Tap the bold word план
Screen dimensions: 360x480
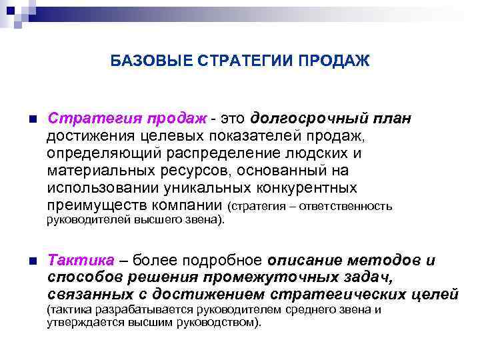[392, 119]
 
